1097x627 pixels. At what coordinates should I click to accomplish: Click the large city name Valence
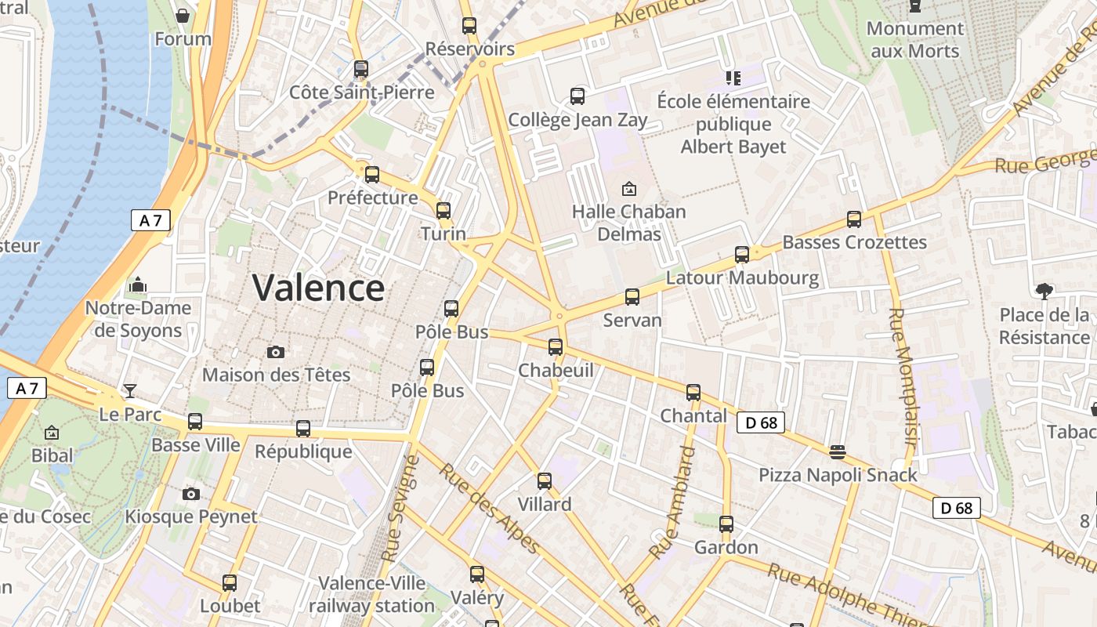(x=318, y=288)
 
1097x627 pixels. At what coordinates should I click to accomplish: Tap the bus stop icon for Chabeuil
(x=556, y=346)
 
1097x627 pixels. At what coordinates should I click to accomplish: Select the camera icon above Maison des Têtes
(x=275, y=352)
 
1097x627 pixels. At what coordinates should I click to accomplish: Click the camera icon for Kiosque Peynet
(x=190, y=494)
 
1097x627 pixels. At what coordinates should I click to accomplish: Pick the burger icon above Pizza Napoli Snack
(x=838, y=452)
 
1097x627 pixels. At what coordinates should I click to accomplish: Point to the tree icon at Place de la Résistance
(x=1044, y=292)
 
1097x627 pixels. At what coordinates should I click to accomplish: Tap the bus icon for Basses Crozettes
(x=854, y=219)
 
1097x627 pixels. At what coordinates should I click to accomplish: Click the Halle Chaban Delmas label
(x=628, y=223)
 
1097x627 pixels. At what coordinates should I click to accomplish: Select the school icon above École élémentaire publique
(x=733, y=78)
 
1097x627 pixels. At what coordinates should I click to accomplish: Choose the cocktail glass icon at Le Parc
(x=130, y=390)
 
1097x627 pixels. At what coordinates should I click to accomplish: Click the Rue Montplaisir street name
(x=902, y=376)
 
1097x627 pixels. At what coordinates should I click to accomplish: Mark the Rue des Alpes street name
(x=489, y=508)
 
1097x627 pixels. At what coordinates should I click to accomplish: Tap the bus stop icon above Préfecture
(x=372, y=174)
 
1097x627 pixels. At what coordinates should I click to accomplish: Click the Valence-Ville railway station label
(x=371, y=594)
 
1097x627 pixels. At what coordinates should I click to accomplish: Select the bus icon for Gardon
(x=726, y=524)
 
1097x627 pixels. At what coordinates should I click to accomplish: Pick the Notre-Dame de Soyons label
(x=138, y=319)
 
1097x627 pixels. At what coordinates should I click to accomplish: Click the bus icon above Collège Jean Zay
(x=577, y=96)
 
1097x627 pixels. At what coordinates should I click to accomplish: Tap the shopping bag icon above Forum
(x=183, y=15)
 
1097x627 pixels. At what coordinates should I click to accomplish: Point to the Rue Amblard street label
(x=673, y=502)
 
